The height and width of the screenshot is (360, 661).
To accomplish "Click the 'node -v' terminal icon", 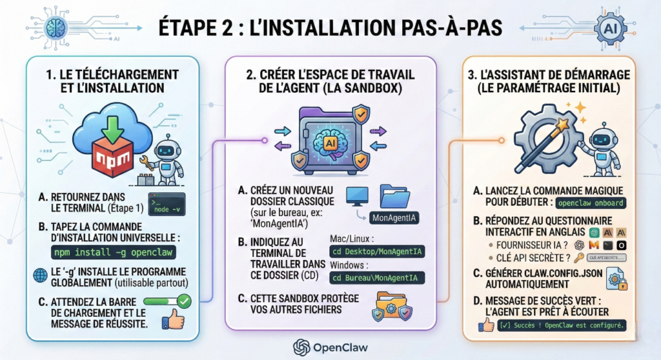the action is click(167, 203).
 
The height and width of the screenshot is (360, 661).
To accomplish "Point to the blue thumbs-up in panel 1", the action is click(173, 319).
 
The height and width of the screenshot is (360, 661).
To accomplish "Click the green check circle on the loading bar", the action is click(183, 300).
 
